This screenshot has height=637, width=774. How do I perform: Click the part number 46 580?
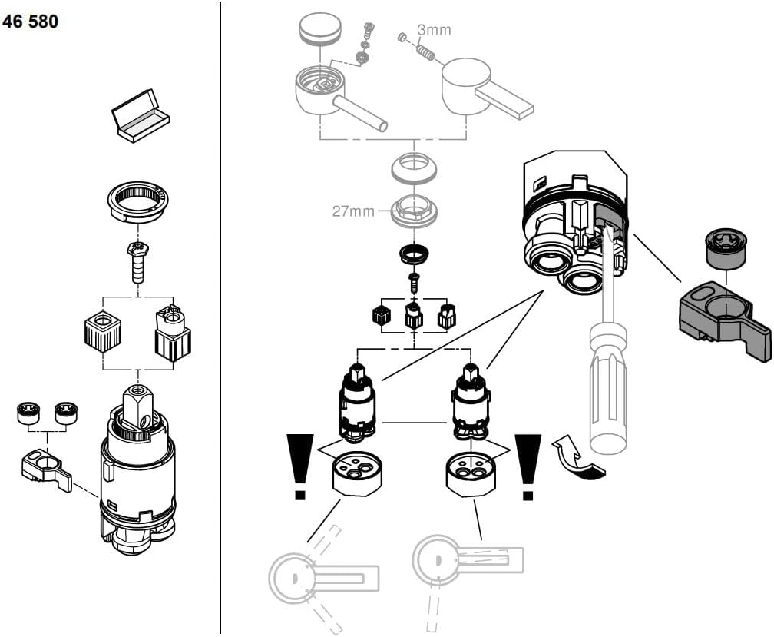pos(31,22)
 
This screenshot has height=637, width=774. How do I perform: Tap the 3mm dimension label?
pos(434,30)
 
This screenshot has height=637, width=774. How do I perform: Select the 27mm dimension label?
pos(352,211)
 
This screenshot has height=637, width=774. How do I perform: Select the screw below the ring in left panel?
pos(137,262)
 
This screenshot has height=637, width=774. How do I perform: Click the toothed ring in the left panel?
pos(137,202)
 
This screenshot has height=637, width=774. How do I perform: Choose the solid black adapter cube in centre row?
pos(379,316)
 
